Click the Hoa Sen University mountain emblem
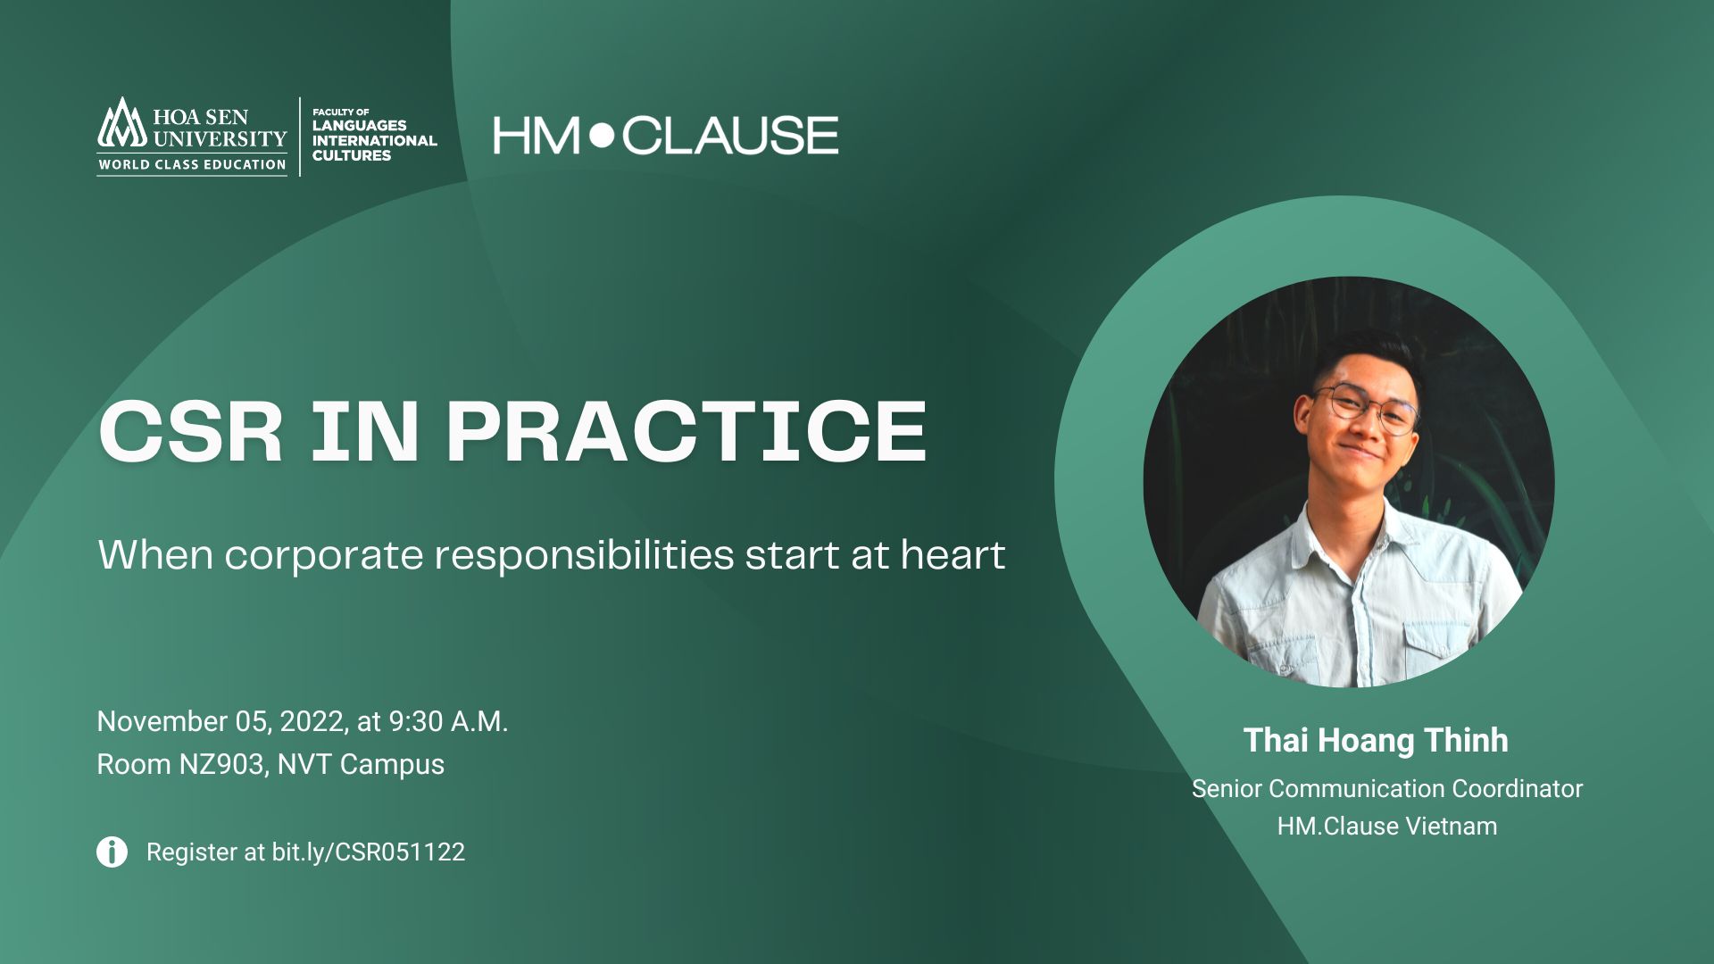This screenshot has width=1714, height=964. pyautogui.click(x=121, y=122)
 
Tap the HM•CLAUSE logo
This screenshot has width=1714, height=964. pyautogui.click(x=666, y=135)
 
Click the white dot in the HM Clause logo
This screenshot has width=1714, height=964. pyautogui.click(x=603, y=136)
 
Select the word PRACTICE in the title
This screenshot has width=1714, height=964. pyautogui.click(x=686, y=431)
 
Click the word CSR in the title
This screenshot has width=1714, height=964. pyautogui.click(x=191, y=431)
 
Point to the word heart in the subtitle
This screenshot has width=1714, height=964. pyautogui.click(x=953, y=554)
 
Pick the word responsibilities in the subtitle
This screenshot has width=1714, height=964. pyautogui.click(x=584, y=556)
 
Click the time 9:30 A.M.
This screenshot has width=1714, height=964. pyautogui.click(x=448, y=721)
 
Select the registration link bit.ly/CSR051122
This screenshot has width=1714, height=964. pyautogui.click(x=368, y=852)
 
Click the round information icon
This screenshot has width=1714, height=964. pyautogui.click(x=112, y=852)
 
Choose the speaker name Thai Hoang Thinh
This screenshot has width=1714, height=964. pyautogui.click(x=1376, y=740)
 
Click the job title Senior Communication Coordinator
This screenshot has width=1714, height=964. pyautogui.click(x=1387, y=789)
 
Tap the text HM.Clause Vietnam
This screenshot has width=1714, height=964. pyautogui.click(x=1387, y=827)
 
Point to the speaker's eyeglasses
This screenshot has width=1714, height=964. pyautogui.click(x=1366, y=409)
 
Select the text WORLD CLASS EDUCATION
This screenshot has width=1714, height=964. pyautogui.click(x=192, y=164)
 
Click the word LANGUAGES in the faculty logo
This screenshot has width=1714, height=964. pyautogui.click(x=359, y=126)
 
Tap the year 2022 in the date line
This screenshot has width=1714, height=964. pyautogui.click(x=312, y=721)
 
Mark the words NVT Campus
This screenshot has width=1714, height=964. pyautogui.click(x=361, y=765)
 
